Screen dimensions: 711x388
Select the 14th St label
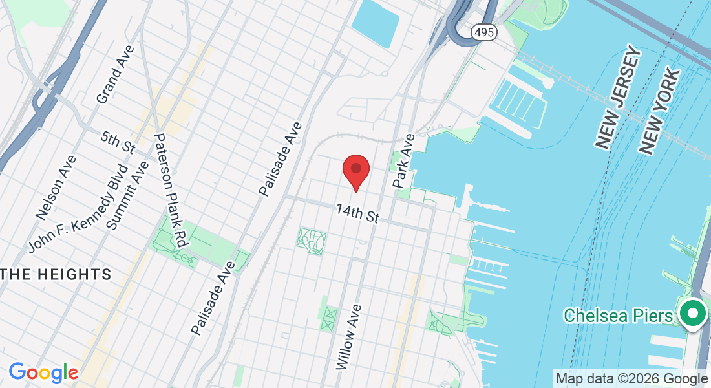point(357,214)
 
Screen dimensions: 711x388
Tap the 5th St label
point(118,142)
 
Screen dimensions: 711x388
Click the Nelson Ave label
point(56,187)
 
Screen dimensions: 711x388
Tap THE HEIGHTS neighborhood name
point(56,274)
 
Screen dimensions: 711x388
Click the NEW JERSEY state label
point(617,98)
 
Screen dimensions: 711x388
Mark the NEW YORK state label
point(659,111)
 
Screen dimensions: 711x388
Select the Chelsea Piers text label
point(617,316)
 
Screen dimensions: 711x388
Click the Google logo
point(43,372)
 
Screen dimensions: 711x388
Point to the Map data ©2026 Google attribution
point(631,379)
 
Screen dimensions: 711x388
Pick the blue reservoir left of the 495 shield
point(376,21)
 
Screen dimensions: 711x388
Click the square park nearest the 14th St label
point(312,241)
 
